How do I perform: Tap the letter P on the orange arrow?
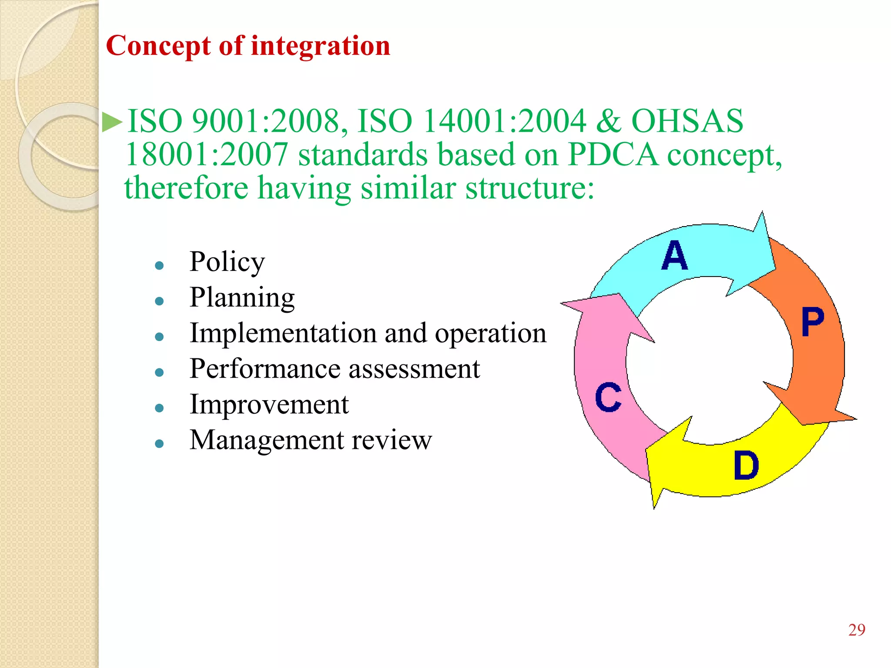point(812,322)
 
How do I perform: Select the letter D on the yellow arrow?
point(746,465)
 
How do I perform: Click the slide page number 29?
point(856,630)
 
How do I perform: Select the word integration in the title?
point(321,46)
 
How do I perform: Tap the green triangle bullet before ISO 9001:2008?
point(113,122)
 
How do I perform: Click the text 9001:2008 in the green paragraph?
point(270,121)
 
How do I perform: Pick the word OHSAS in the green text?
point(687,121)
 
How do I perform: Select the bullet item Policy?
point(227,262)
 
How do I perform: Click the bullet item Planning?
point(242,298)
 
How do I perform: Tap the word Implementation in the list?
point(283,333)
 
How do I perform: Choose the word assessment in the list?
point(414,369)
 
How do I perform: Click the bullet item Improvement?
point(269,404)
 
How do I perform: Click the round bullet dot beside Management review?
point(159,444)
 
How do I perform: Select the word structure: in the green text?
point(529,188)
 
